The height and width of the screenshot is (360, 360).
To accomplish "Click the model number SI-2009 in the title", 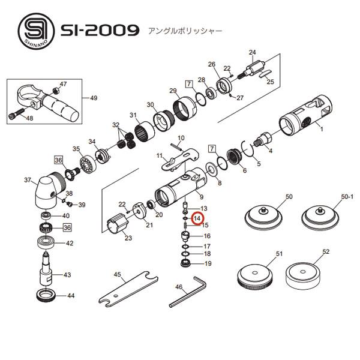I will click(100, 30).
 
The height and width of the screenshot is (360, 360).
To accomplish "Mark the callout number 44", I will click(71, 296).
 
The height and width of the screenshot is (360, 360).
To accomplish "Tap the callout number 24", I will click(253, 52).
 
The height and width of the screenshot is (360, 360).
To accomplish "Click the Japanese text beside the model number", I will click(181, 31).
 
